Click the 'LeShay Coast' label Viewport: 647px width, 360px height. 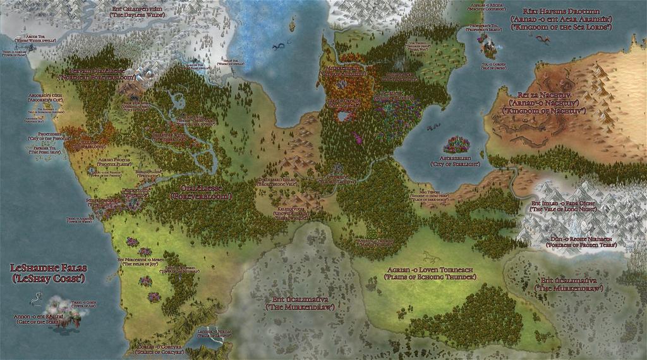pos(48,279)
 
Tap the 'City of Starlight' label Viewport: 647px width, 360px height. pos(454,164)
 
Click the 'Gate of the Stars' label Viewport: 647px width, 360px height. pos(39,322)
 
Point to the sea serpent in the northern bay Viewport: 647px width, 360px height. pos(279,46)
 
